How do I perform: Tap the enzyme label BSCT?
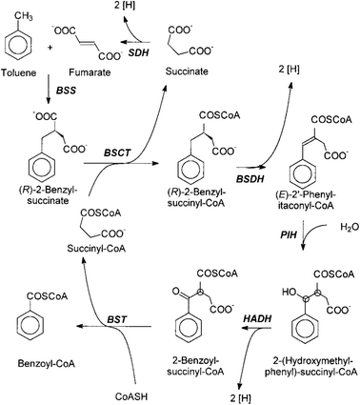click(x=117, y=152)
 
